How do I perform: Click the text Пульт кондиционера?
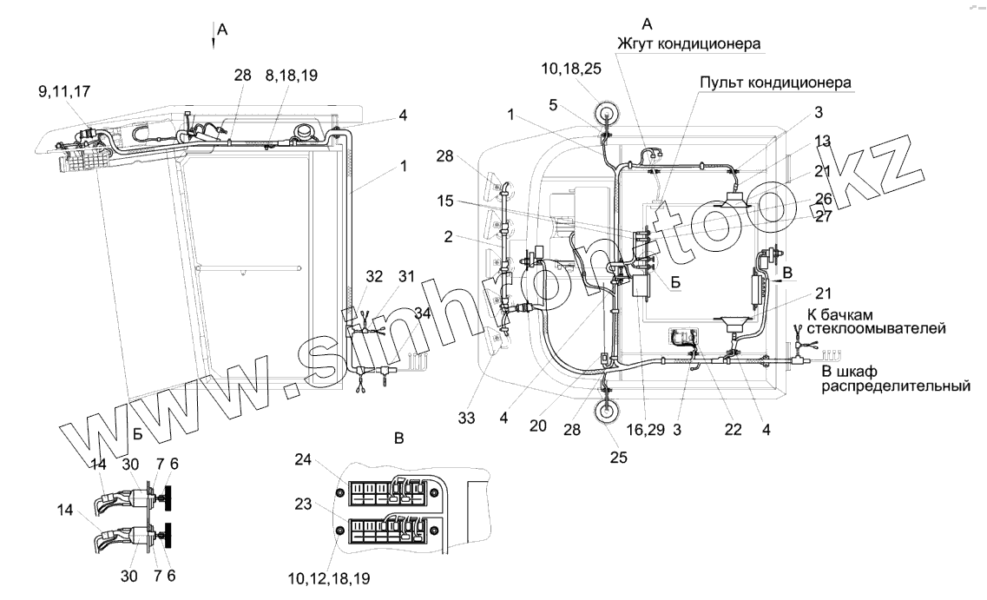(776, 82)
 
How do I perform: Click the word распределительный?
(894, 386)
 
